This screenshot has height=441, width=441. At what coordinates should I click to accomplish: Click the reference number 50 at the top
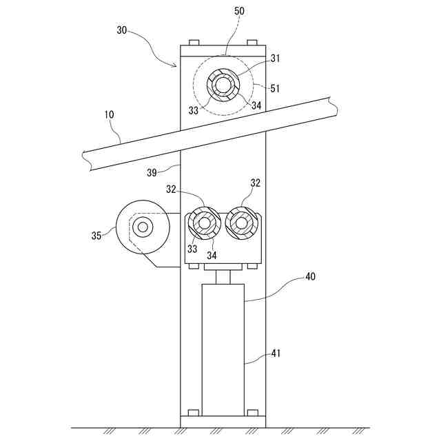point(239,12)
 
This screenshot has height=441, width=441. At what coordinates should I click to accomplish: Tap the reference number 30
point(122,30)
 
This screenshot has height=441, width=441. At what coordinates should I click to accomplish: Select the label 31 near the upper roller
point(256,59)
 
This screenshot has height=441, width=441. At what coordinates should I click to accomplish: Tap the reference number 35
point(97,236)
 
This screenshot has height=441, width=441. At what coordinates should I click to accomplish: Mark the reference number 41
point(275,354)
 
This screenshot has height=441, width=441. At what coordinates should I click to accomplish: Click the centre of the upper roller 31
point(223,85)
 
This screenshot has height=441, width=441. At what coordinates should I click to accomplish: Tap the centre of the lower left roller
point(204,222)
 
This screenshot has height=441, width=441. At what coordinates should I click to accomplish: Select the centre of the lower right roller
point(241,222)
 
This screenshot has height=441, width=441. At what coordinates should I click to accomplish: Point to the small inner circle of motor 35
point(143,227)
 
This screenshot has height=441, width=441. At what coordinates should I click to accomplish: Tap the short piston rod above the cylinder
point(223,277)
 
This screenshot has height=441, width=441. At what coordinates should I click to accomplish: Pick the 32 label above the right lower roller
point(256,183)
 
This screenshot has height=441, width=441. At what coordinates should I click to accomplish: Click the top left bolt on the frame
point(194,43)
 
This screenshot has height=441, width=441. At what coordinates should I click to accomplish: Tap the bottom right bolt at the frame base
point(252,413)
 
